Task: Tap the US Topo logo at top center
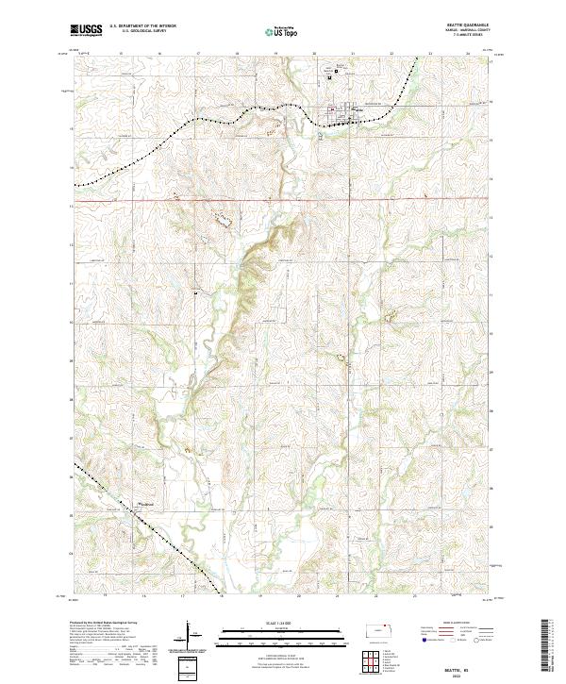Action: (282, 31)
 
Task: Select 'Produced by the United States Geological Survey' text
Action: (100, 625)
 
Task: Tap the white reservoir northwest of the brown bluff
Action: (225, 219)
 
